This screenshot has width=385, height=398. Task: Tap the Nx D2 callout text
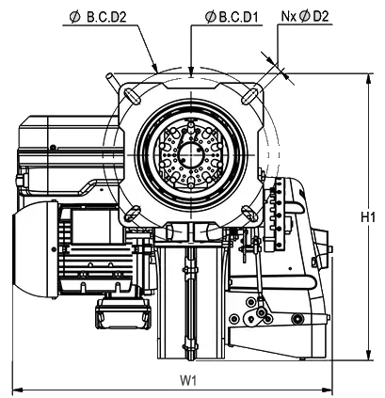point(305,16)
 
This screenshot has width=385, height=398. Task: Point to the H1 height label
point(368,217)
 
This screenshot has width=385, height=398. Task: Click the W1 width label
point(188,381)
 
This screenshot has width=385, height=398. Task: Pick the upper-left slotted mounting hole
point(132,96)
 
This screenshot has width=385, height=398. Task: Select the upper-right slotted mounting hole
point(249,96)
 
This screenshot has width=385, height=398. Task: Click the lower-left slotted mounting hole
point(132,213)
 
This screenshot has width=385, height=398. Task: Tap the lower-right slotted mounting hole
point(249,213)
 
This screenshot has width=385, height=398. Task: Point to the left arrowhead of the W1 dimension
point(17,390)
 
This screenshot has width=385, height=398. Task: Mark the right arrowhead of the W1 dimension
point(327,390)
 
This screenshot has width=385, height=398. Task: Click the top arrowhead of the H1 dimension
point(369,78)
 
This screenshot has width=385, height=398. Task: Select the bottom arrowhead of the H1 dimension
point(369,355)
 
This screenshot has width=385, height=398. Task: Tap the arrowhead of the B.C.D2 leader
point(154,68)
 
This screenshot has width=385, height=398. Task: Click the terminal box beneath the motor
point(123,312)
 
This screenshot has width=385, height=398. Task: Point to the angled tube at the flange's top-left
point(112,80)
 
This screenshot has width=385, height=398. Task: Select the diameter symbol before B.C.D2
point(75,17)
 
